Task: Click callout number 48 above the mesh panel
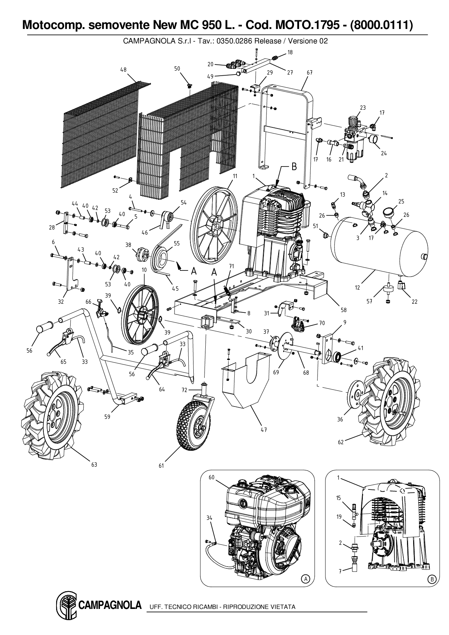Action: [123, 70]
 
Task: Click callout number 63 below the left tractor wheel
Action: [94, 464]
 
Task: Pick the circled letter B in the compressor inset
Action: [431, 578]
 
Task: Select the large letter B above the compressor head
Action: [294, 167]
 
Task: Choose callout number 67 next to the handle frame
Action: [309, 73]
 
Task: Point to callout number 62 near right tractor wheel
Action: [341, 442]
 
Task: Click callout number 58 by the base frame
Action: [343, 310]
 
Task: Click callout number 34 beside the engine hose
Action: [209, 518]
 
